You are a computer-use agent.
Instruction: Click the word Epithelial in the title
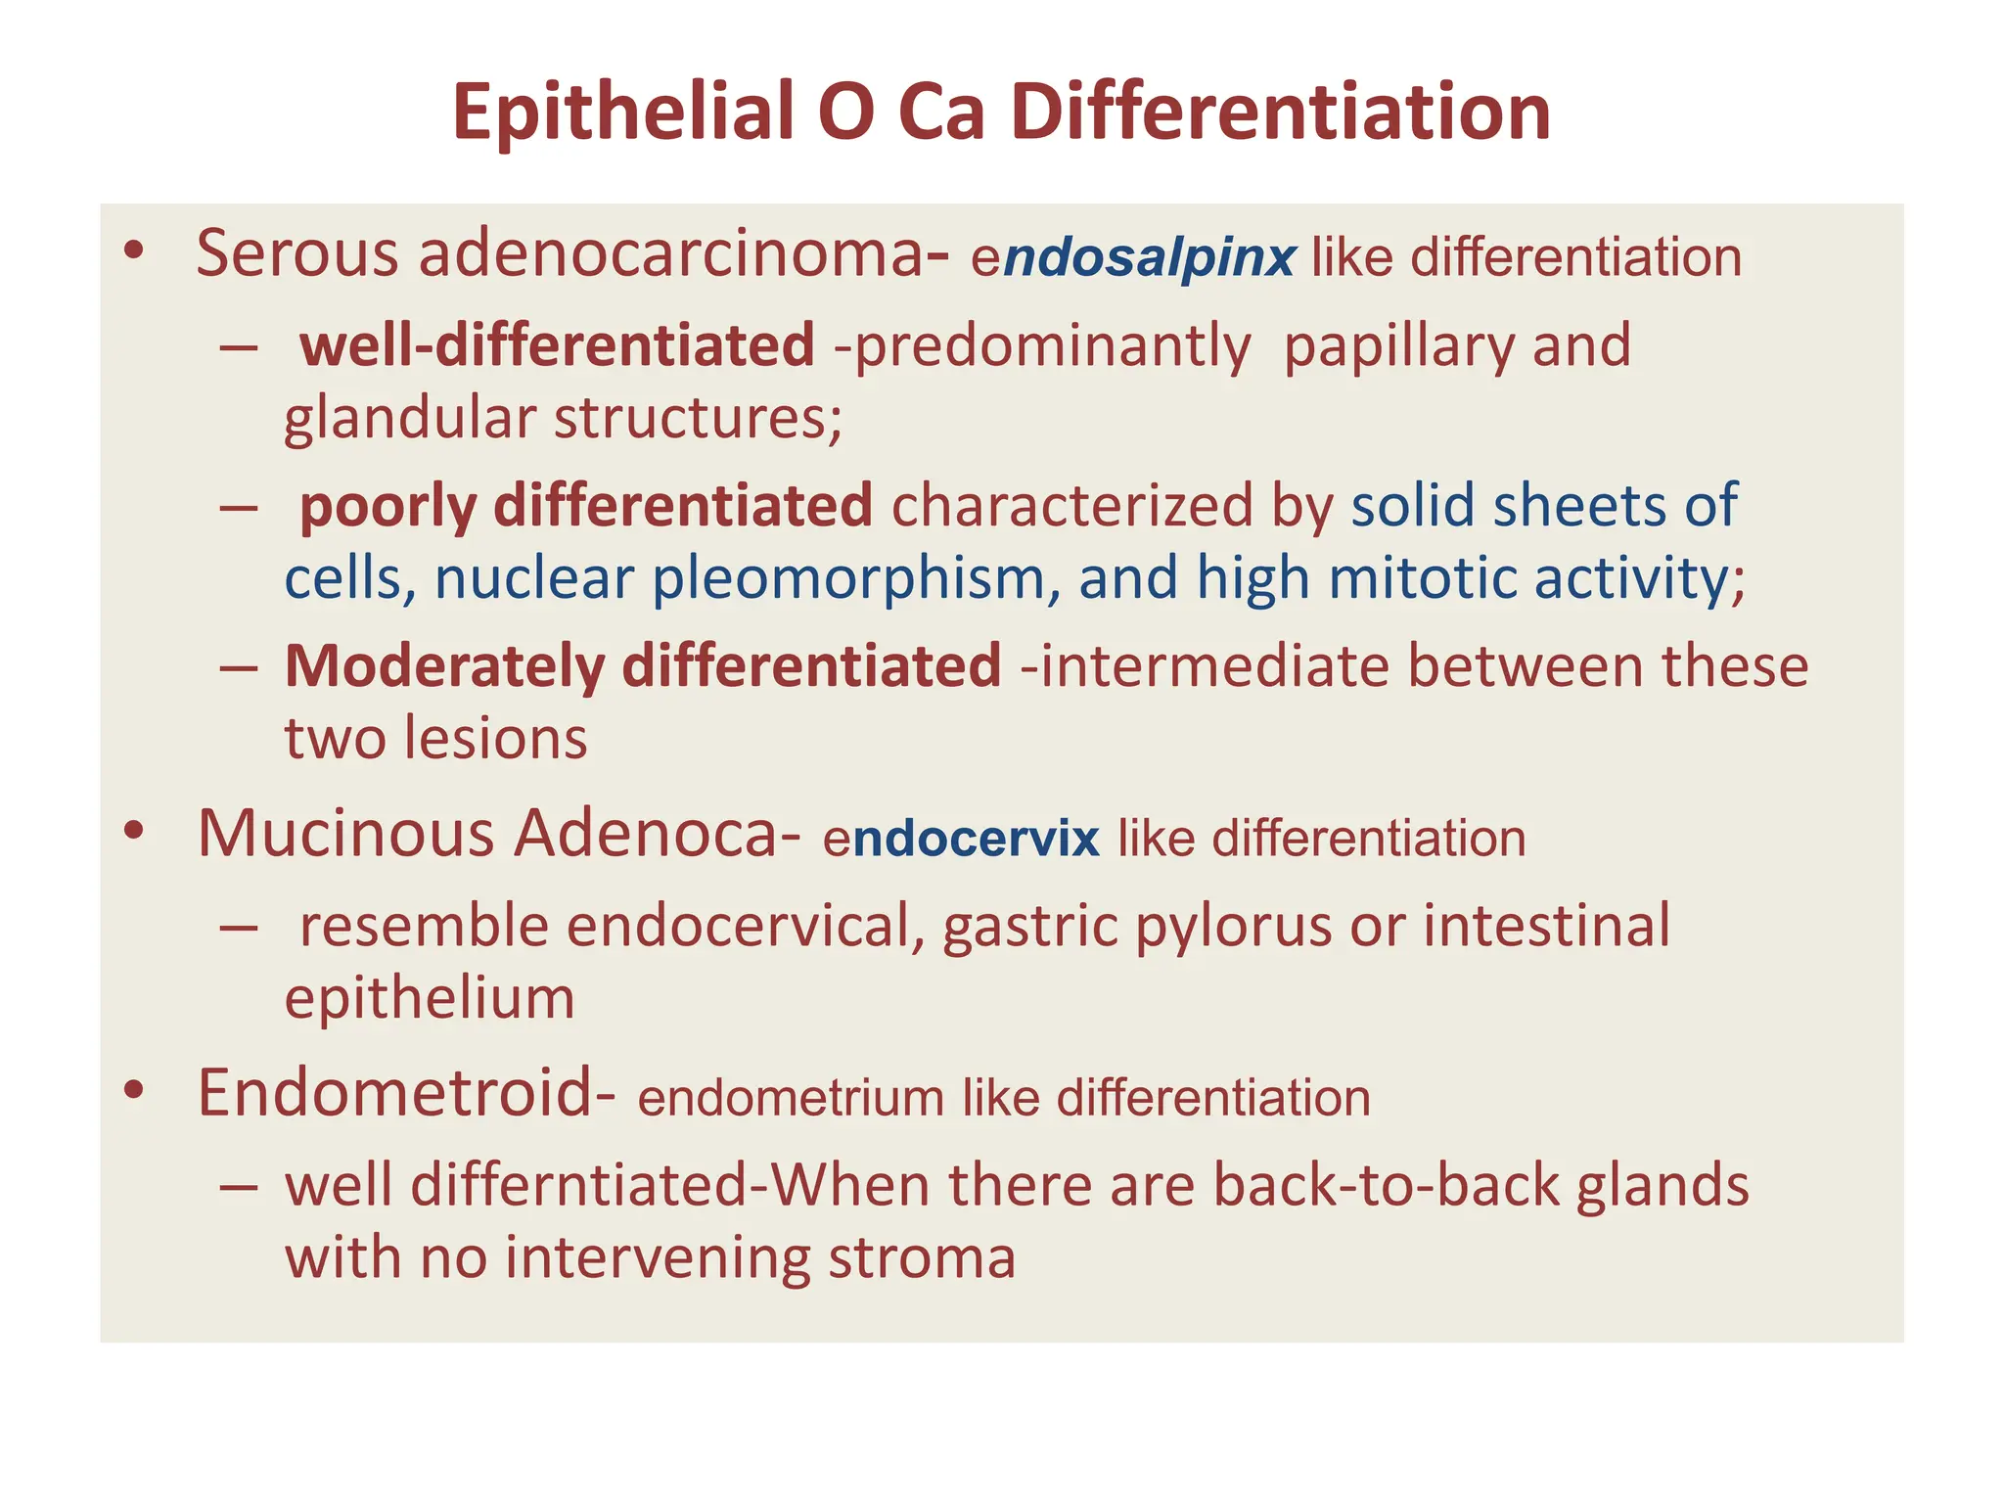pos(623,112)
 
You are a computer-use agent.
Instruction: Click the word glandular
pos(410,418)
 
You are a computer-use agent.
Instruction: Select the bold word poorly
pos(387,507)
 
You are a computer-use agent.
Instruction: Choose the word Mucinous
pos(346,834)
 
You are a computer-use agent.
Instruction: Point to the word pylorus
pos(1233,926)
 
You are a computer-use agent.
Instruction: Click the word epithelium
pos(430,998)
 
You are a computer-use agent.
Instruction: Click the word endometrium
pos(791,1098)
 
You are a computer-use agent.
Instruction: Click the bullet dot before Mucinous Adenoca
pos(134,832)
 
